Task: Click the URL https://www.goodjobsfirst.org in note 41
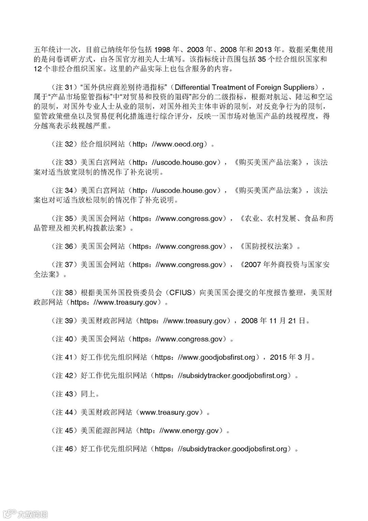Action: point(205,357)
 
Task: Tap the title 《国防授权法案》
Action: point(266,246)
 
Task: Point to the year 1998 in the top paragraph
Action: point(168,49)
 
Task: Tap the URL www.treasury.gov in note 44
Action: point(169,413)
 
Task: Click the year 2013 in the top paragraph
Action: point(265,49)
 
